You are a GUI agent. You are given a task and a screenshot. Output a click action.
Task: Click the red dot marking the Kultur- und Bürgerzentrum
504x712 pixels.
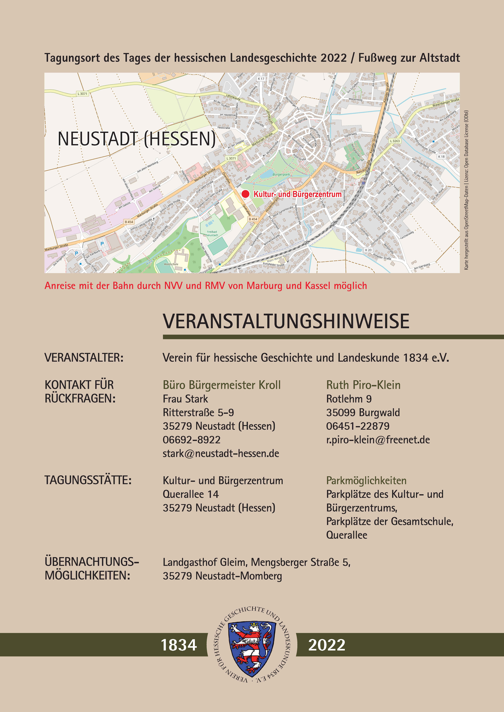(245, 194)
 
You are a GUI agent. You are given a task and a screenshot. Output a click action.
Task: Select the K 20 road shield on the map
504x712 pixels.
(368, 250)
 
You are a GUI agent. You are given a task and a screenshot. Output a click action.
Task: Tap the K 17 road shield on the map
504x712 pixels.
(261, 79)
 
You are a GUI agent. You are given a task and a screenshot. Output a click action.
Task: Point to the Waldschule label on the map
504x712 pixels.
(171, 264)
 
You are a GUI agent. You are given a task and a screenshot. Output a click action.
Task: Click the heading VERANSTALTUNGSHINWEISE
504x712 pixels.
(286, 321)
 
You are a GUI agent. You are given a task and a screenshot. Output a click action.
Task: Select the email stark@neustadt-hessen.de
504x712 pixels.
(221, 454)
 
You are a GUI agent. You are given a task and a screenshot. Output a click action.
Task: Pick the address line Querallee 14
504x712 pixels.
(191, 494)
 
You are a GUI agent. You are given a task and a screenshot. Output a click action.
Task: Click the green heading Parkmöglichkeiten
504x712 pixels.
(366, 481)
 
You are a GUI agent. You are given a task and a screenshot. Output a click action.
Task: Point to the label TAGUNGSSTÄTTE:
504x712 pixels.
(88, 480)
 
